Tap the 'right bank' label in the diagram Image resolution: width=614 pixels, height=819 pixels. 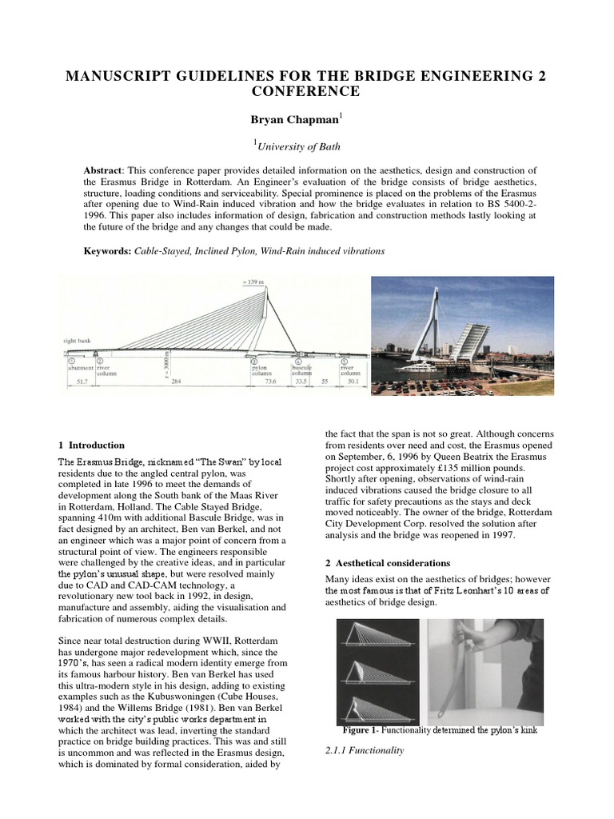[77, 341]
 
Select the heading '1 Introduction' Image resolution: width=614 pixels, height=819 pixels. [92, 445]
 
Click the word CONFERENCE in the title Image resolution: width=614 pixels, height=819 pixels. [306, 91]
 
